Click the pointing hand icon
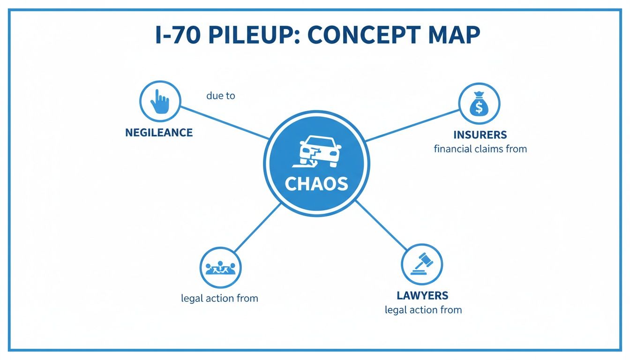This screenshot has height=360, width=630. point(160,101)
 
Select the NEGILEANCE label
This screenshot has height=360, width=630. point(159,133)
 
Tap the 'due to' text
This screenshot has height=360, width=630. point(220,96)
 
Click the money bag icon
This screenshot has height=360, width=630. point(479,104)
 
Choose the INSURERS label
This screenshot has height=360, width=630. point(480,135)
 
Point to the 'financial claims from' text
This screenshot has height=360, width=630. point(480,149)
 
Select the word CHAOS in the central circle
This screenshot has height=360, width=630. point(316,184)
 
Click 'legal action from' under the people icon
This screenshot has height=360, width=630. point(219,298)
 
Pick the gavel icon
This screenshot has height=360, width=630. point(422,264)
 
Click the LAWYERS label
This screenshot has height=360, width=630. point(422,296)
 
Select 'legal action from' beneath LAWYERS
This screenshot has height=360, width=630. point(423,310)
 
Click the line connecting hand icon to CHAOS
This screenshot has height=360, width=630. point(225,123)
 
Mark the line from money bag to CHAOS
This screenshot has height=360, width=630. point(412,125)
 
